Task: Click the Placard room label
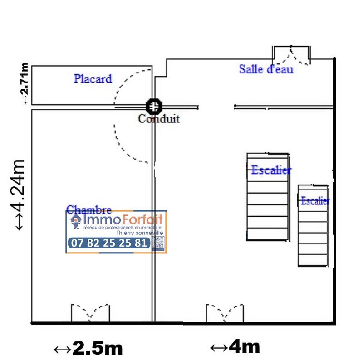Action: coord(93,79)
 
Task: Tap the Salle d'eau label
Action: coord(266,69)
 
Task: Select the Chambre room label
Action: coord(89,209)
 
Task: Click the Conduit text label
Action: coord(159,119)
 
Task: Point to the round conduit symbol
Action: coord(154,107)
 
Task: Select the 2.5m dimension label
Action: coord(88,349)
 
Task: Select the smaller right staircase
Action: coord(313,225)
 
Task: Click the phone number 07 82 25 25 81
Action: coord(109,243)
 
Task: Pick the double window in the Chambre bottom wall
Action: coord(90,313)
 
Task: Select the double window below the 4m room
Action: coord(225,313)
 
